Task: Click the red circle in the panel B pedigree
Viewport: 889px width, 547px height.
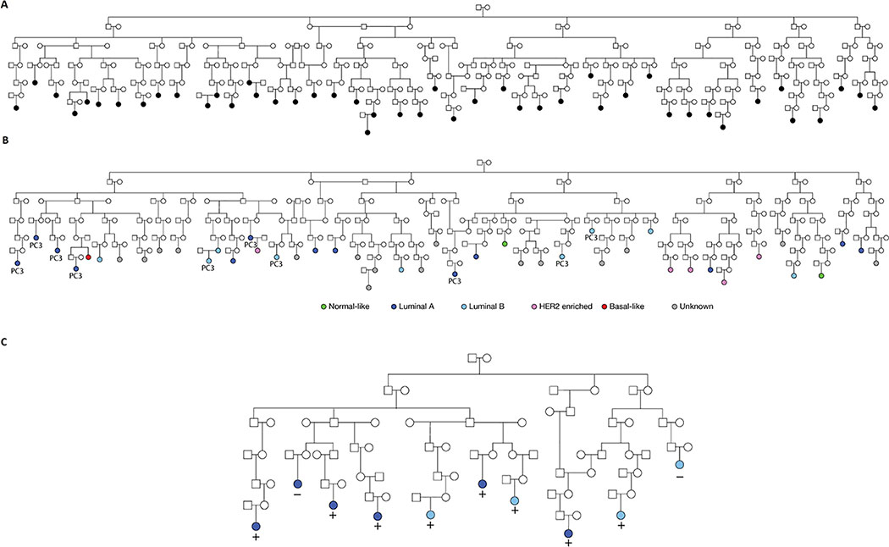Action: [87, 257]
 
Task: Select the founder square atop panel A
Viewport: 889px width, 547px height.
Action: [478, 8]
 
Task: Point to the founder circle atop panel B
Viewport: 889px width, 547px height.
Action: [487, 162]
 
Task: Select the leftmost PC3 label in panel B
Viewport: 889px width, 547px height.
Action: [17, 272]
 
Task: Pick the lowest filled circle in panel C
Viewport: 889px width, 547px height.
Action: [568, 533]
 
